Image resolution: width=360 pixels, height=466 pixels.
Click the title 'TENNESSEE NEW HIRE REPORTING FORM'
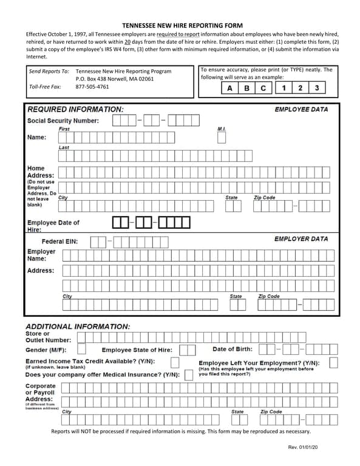click(x=182, y=25)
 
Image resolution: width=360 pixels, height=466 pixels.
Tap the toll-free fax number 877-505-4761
click(x=92, y=87)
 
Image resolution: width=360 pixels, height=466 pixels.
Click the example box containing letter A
click(x=229, y=88)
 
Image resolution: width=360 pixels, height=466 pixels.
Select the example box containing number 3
click(x=316, y=88)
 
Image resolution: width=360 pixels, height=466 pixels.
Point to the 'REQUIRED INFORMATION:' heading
click(x=75, y=109)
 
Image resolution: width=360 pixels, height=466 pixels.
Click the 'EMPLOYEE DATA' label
click(x=301, y=109)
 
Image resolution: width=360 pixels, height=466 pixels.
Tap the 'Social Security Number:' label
click(x=63, y=120)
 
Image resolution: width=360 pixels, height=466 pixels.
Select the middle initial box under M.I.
click(x=222, y=138)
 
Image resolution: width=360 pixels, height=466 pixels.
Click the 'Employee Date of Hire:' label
click(x=53, y=226)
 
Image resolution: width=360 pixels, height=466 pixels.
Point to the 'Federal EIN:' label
click(x=59, y=242)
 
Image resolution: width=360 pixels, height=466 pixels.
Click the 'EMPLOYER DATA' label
click(x=301, y=239)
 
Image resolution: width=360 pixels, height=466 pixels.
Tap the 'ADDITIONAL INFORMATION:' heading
click(x=78, y=326)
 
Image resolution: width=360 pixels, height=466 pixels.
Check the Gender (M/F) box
click(x=81, y=349)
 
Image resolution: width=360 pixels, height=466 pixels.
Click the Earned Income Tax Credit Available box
click(x=175, y=362)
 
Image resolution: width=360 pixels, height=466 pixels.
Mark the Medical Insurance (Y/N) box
click(x=189, y=374)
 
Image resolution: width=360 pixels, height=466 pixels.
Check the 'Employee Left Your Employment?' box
click(x=333, y=363)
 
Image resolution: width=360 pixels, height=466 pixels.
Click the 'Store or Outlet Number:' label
click(x=49, y=337)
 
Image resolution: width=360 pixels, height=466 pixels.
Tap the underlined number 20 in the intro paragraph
click(x=127, y=41)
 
